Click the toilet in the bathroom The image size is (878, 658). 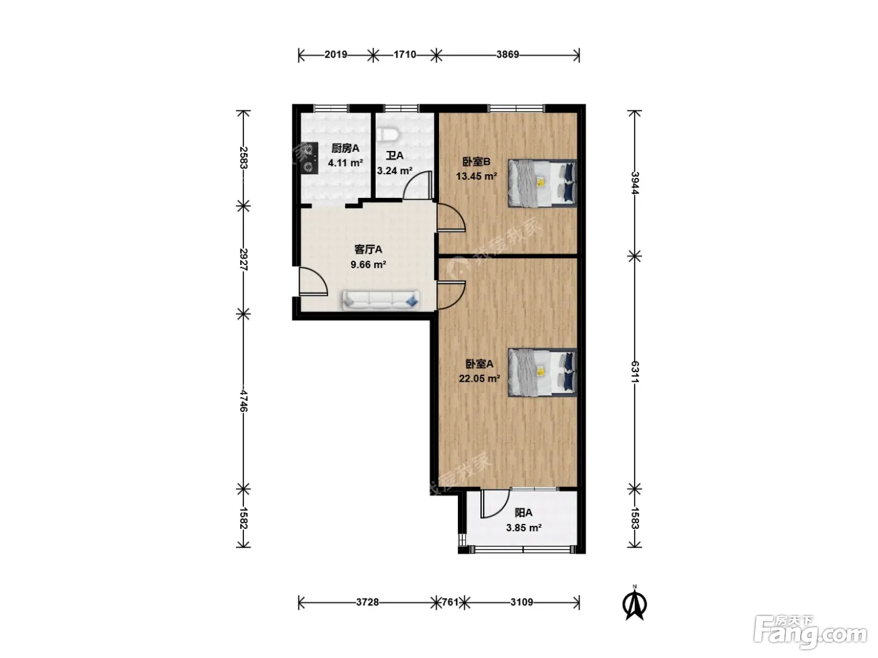[387, 135]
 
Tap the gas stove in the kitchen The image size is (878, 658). [310, 158]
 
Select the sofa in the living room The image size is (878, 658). [381, 300]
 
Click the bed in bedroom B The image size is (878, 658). [542, 184]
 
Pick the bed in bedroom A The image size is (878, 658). [542, 372]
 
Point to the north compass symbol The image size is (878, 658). [635, 603]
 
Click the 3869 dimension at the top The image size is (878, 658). [507, 55]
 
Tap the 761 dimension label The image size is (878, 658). [450, 602]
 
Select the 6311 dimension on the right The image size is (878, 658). [635, 372]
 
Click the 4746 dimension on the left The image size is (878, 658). [243, 400]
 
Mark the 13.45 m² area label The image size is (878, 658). [477, 176]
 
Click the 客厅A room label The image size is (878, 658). [368, 249]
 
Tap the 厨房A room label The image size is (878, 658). [345, 149]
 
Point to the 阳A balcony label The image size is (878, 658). [523, 513]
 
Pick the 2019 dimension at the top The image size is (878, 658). [336, 55]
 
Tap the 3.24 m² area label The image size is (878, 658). [394, 170]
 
